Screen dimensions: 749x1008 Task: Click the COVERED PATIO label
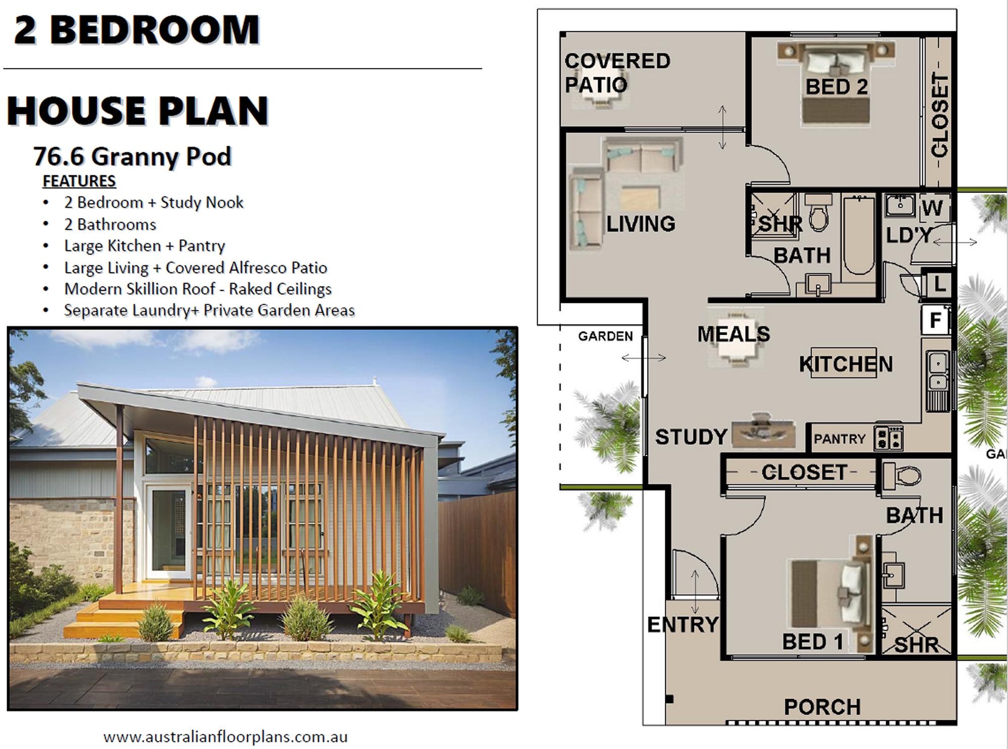tap(617, 73)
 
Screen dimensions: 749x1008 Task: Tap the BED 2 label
tap(837, 87)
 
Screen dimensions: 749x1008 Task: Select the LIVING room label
tap(640, 224)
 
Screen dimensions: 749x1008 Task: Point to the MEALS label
tap(733, 334)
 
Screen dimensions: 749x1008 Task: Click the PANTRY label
tap(839, 439)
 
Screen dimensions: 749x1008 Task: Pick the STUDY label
tap(691, 436)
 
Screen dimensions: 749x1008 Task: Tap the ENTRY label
tap(682, 625)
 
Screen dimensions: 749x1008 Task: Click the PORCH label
tap(822, 707)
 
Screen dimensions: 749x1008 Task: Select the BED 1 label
tap(812, 642)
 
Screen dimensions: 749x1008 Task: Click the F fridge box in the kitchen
tap(935, 320)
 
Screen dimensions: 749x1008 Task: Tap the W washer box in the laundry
tap(933, 208)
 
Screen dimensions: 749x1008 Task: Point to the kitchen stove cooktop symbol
tap(889, 438)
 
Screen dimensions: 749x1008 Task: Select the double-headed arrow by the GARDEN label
tap(644, 358)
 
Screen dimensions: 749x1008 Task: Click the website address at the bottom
tap(225, 737)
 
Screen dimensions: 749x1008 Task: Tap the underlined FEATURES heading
tap(79, 181)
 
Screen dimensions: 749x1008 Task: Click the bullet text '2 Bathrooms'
tap(110, 224)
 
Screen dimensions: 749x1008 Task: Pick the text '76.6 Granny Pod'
tap(132, 156)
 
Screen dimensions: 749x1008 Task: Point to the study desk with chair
tap(763, 431)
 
